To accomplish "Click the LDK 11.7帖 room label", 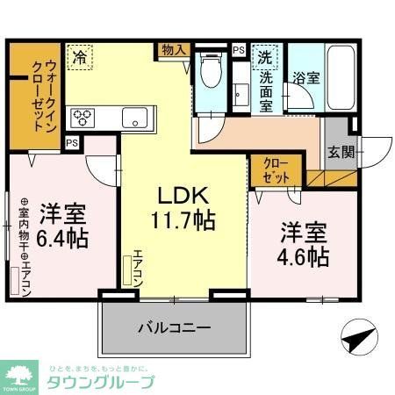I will pyautogui.click(x=182, y=205).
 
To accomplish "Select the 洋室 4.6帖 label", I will pyautogui.click(x=305, y=245).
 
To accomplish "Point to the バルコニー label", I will pyautogui.click(x=173, y=330).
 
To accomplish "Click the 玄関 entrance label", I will pyautogui.click(x=342, y=151).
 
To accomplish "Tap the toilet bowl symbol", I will pyautogui.click(x=209, y=73).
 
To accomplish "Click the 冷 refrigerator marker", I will pyautogui.click(x=81, y=58).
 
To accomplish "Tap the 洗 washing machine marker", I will pyautogui.click(x=263, y=57).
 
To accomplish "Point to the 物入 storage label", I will pyautogui.click(x=173, y=50).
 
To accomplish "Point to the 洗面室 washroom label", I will pyautogui.click(x=265, y=90).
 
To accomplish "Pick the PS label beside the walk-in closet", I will pyautogui.click(x=71, y=143).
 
